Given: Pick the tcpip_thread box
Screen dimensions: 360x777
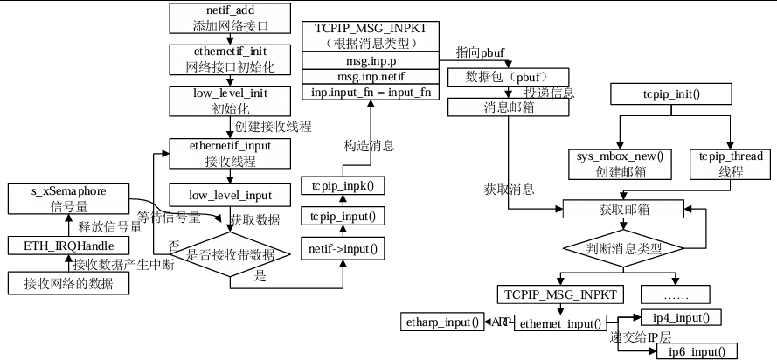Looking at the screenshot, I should [x=731, y=163].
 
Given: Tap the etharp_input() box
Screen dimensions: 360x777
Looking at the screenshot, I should [x=442, y=322].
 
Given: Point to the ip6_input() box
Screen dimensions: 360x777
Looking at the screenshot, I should [x=696, y=351].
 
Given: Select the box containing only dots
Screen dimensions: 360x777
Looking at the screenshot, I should [x=676, y=293].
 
